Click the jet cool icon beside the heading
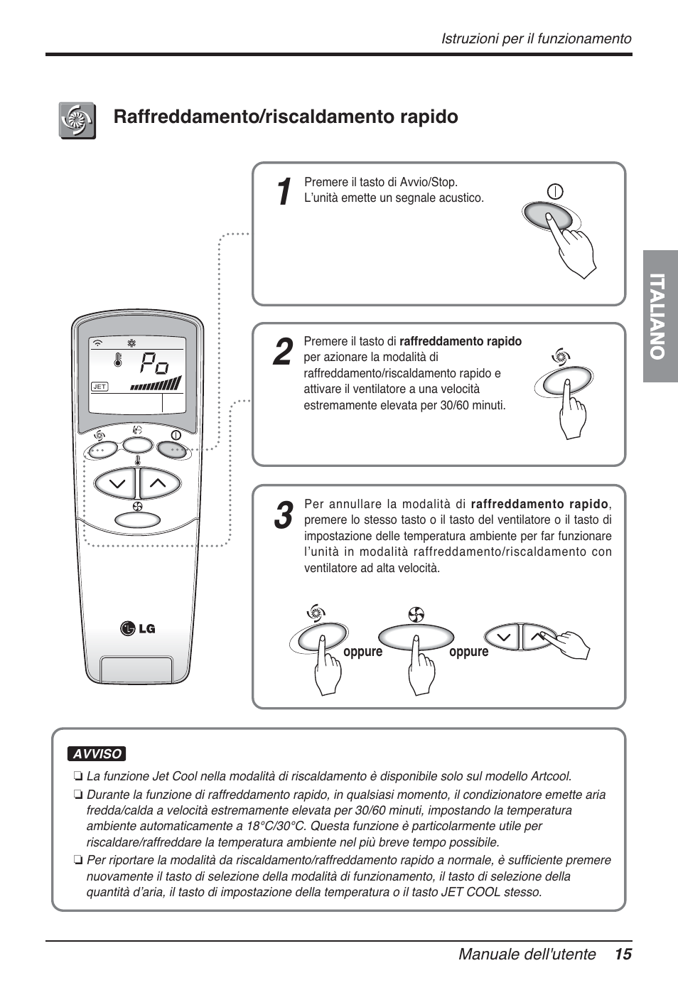(x=77, y=120)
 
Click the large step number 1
(x=283, y=192)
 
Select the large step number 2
(x=282, y=353)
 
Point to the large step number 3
(x=282, y=515)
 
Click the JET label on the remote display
(x=99, y=387)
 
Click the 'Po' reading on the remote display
(x=154, y=365)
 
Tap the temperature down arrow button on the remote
(x=117, y=485)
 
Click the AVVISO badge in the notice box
(x=97, y=754)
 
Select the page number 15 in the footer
(x=623, y=954)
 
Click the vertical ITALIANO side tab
(x=660, y=316)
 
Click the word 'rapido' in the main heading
(x=429, y=117)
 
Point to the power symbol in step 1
(x=555, y=191)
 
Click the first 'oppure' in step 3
(x=362, y=652)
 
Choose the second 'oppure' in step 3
(x=468, y=652)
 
